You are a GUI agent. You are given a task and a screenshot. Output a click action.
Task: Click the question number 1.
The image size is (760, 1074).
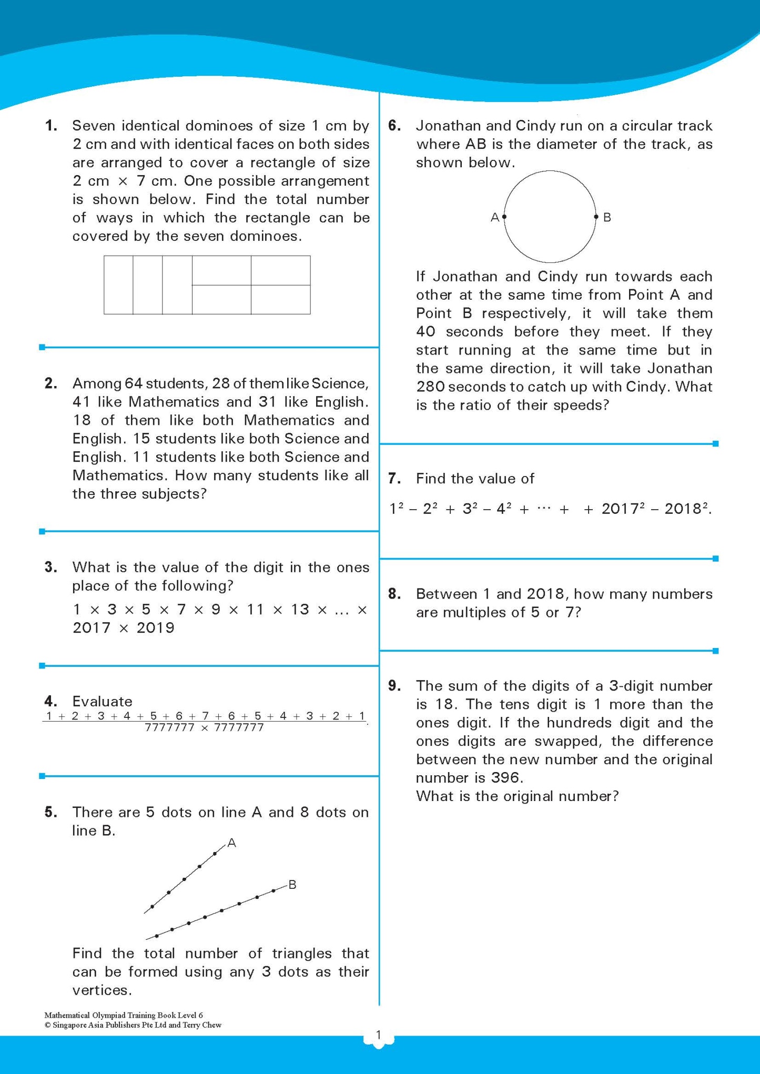coord(50,126)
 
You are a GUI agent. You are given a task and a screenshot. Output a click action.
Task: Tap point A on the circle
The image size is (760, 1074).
coord(504,217)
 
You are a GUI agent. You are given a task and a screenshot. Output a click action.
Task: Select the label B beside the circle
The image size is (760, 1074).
coord(607,217)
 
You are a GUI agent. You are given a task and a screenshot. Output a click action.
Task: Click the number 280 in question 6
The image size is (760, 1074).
coord(430,387)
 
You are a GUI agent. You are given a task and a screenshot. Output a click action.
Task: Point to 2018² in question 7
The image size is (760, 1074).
coord(687,509)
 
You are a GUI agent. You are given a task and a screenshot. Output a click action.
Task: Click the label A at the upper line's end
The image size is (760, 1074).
coord(231,843)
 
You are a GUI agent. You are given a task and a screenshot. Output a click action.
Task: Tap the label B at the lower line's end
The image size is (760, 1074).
coord(292,885)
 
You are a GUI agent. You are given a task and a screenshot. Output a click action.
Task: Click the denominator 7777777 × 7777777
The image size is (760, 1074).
coord(204,728)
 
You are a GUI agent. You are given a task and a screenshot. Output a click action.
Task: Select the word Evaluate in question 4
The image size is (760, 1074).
coord(102,702)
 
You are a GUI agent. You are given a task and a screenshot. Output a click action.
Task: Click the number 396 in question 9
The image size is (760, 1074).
coord(505,778)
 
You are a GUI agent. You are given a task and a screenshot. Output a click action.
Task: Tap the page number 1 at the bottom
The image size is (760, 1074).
coord(378,1035)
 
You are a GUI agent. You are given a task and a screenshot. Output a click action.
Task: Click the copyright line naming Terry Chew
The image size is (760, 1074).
coord(133,1025)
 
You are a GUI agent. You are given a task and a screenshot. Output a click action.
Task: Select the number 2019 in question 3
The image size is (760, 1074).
coord(155,628)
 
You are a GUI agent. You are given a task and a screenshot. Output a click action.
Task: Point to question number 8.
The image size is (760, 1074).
coord(394,594)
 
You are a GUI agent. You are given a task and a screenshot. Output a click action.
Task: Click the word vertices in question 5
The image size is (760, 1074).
coord(100,991)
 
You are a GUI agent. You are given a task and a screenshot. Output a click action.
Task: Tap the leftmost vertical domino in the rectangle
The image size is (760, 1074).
coord(118,285)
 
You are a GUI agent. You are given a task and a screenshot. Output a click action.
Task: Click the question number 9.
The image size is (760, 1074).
coord(394,686)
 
